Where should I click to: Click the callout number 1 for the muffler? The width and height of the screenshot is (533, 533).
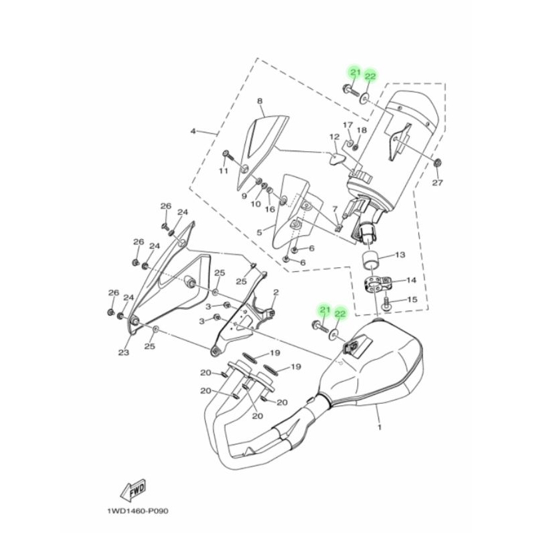(380, 426)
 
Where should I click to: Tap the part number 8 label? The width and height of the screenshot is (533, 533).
(260, 101)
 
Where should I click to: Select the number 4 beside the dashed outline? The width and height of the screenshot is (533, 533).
(193, 131)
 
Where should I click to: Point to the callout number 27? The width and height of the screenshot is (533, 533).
(437, 183)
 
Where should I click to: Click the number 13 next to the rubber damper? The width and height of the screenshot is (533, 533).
(400, 255)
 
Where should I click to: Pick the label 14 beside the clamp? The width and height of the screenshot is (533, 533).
(410, 280)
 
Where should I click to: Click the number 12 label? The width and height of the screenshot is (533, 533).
(334, 137)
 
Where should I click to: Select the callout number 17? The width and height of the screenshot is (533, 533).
(348, 125)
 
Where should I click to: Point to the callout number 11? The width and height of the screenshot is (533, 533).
(224, 171)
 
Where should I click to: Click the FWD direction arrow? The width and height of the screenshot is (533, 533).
(132, 490)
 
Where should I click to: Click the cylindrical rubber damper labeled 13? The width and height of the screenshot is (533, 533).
(373, 261)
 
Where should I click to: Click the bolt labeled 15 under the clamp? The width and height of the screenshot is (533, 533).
(386, 304)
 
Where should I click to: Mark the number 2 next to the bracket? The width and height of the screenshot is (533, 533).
(275, 292)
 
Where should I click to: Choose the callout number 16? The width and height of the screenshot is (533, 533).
(270, 209)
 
